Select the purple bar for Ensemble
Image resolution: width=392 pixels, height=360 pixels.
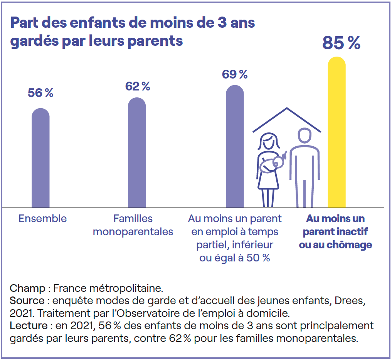coord(40,158)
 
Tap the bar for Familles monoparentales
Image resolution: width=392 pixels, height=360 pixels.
coord(137,152)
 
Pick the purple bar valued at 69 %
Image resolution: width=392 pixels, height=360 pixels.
coord(235,146)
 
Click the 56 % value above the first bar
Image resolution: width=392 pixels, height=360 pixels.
coord(40,93)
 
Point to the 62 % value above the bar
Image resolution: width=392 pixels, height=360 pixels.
coord(138,86)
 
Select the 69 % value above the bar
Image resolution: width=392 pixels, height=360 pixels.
coord(235,74)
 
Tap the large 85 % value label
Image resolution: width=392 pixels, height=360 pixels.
coord(341,43)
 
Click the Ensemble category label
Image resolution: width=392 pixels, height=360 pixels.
coord(42,219)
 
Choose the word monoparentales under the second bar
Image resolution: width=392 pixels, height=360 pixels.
coord(133,232)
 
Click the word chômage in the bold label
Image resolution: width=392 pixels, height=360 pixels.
coord(349,245)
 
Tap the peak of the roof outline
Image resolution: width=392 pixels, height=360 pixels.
coord(287,108)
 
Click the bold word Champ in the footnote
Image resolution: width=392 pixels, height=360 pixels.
coord(27,288)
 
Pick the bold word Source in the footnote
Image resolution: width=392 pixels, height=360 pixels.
coord(27,301)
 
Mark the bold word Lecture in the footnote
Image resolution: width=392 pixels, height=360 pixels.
coord(28,326)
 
